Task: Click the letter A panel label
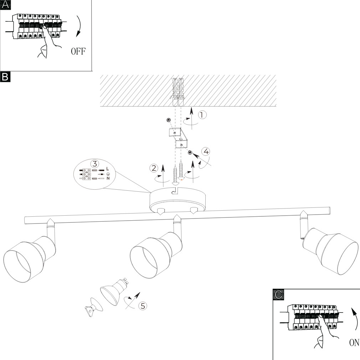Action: tap(5, 5)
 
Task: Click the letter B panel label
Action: tap(5, 76)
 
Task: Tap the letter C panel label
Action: tap(278, 294)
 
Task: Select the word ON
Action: tap(354, 343)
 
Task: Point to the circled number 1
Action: tap(202, 115)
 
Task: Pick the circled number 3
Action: tap(94, 164)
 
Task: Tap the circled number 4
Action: tap(205, 151)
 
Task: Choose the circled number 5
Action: tap(142, 305)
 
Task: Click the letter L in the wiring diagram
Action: tap(108, 169)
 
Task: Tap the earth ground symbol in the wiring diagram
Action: tap(108, 174)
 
